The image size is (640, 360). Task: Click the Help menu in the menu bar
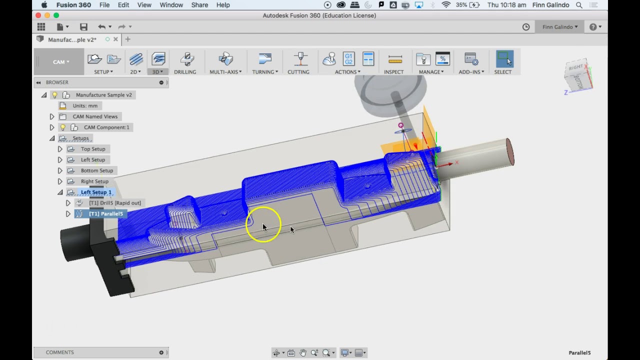pyautogui.click(x=223, y=5)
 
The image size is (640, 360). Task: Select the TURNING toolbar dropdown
pyautogui.click(x=265, y=62)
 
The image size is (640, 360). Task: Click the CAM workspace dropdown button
pyautogui.click(x=61, y=62)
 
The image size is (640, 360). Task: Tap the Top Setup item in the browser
pyautogui.click(x=93, y=149)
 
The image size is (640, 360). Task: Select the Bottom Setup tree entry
pyautogui.click(x=97, y=170)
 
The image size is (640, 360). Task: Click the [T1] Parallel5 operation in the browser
pyautogui.click(x=105, y=214)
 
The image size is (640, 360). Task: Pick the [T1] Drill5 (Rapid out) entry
pyautogui.click(x=114, y=203)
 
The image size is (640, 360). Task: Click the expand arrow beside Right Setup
pyautogui.click(x=60, y=181)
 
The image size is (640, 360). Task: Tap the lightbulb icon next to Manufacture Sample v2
pyautogui.click(x=55, y=95)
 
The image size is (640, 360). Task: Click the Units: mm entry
pyautogui.click(x=85, y=106)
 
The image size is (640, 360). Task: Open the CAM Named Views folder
pyautogui.click(x=95, y=116)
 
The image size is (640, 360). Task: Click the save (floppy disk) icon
pyautogui.click(x=83, y=27)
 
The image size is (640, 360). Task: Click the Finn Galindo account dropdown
pyautogui.click(x=560, y=27)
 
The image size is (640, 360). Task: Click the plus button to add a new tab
pyautogui.click(x=127, y=39)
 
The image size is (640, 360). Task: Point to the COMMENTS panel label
pyautogui.click(x=60, y=352)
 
